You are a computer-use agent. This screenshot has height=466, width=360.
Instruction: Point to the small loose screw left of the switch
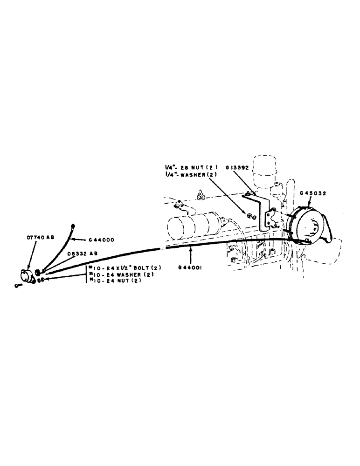tap(18, 285)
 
